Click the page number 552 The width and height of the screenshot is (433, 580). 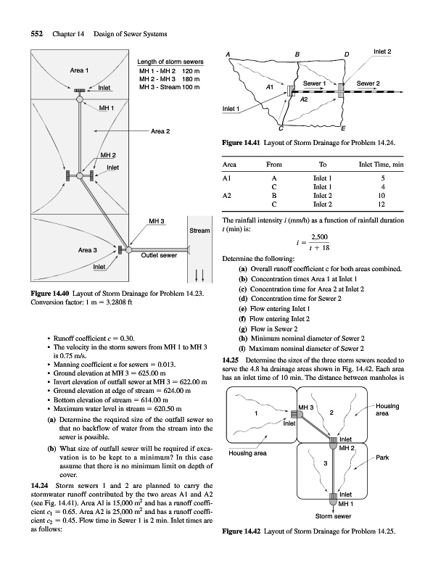pyautogui.click(x=37, y=34)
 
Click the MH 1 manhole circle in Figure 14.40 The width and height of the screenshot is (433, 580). pyautogui.click(x=80, y=99)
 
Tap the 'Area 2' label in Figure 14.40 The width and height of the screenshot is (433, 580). pyautogui.click(x=160, y=131)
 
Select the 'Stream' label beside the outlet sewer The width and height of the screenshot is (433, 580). pyautogui.click(x=199, y=231)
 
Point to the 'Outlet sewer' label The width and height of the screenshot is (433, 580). pyautogui.click(x=159, y=255)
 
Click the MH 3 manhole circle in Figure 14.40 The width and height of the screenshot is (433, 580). pyautogui.click(x=128, y=250)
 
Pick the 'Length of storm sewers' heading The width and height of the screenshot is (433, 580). pyautogui.click(x=170, y=62)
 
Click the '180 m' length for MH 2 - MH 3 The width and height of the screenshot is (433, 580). pyautogui.click(x=191, y=79)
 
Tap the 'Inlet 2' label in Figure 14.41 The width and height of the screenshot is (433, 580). pyautogui.click(x=382, y=51)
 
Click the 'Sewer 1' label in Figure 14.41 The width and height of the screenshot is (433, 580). pyautogui.click(x=314, y=83)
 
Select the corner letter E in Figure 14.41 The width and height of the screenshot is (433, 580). pyautogui.click(x=342, y=129)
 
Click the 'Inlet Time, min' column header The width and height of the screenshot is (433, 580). pyautogui.click(x=382, y=165)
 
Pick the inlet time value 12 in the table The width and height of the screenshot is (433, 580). pyautogui.click(x=382, y=204)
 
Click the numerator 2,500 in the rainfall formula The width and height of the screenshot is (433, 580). pyautogui.click(x=319, y=237)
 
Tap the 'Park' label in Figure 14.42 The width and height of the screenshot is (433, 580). pyautogui.click(x=382, y=457)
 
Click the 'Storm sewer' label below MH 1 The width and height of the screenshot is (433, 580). pyautogui.click(x=333, y=516)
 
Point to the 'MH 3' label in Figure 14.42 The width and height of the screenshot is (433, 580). pyautogui.click(x=305, y=407)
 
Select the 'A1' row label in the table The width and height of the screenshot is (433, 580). pyautogui.click(x=226, y=178)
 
